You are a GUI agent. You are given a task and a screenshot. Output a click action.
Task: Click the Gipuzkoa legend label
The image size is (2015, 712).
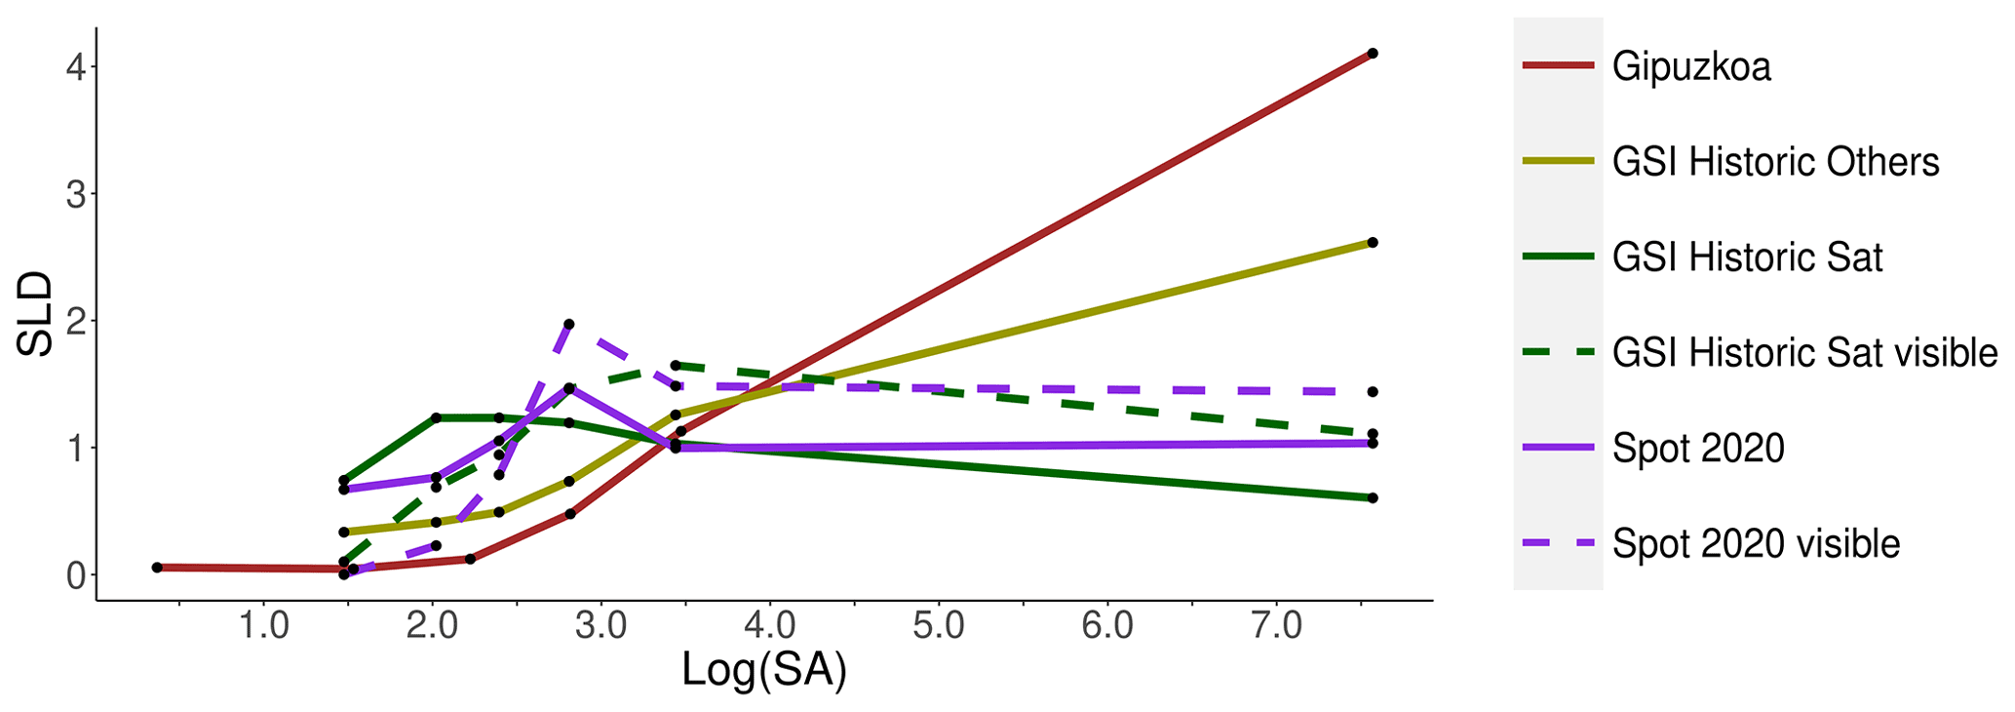[x=1691, y=66]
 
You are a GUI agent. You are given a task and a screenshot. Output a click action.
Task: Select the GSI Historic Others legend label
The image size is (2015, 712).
[x=1775, y=162]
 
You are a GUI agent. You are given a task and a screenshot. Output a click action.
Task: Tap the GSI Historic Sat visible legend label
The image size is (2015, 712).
[x=1804, y=353]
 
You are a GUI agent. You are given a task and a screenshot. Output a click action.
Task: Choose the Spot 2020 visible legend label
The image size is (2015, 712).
[x=1756, y=544]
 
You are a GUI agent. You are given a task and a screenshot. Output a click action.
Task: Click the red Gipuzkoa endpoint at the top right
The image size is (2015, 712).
[x=1372, y=54]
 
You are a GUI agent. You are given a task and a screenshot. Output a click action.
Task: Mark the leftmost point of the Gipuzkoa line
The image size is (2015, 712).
[x=157, y=568]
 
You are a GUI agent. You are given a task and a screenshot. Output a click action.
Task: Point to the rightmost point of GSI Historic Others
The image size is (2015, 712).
[x=1372, y=242]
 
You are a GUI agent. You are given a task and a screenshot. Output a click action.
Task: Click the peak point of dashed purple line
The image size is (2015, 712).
[x=569, y=324]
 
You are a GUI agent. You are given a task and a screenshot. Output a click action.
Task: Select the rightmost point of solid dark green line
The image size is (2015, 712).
[x=1372, y=498]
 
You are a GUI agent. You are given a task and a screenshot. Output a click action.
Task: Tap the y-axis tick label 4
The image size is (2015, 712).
[x=76, y=67]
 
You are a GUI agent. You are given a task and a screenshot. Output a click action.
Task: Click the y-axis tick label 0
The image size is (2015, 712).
[x=76, y=575]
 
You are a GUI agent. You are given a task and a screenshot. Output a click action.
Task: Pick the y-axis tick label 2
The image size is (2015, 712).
[x=76, y=321]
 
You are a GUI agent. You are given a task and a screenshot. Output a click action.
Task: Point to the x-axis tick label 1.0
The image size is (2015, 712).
[x=264, y=625]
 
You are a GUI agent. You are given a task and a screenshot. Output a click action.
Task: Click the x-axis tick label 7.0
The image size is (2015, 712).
[x=1276, y=625]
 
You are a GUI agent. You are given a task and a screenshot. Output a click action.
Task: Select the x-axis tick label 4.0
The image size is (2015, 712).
[x=770, y=625]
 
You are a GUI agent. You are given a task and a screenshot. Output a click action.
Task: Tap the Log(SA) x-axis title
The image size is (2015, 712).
[x=763, y=671]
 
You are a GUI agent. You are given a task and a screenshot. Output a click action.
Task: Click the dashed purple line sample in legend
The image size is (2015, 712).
[x=1558, y=543]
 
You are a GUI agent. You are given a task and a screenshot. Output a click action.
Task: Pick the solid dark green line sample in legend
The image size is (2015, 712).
[x=1558, y=257]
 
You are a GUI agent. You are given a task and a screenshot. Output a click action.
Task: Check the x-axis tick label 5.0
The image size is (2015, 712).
[x=939, y=625]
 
